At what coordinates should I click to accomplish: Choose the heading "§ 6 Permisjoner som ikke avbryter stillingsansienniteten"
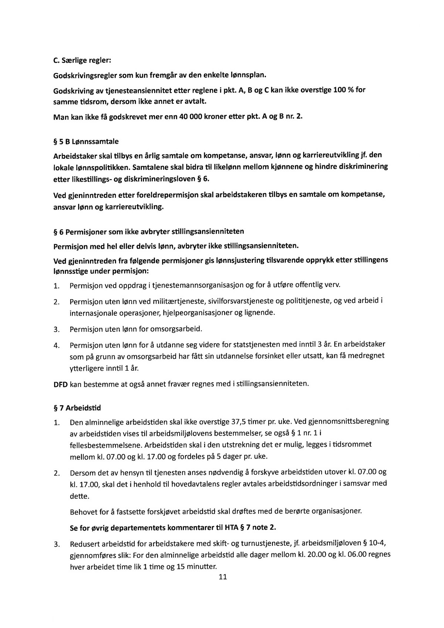click(x=149, y=232)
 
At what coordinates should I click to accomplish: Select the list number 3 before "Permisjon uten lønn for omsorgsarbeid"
click(x=57, y=329)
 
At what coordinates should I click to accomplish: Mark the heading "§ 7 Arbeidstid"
click(x=77, y=408)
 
